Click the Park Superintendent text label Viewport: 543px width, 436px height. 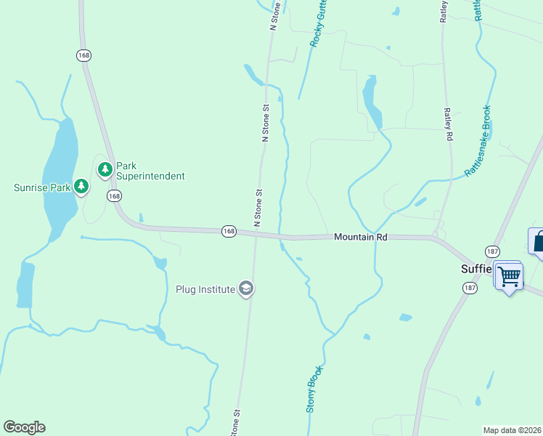coord(151,171)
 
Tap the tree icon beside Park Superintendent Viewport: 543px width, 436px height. coord(105,169)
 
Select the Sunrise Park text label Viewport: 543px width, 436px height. coord(42,187)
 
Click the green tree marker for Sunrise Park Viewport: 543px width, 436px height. coord(81,187)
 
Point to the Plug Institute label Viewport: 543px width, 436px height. coord(205,289)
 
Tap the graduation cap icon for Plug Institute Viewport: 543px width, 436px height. coord(246,289)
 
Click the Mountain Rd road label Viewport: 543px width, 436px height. coord(361,237)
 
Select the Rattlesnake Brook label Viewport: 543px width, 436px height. coord(479,141)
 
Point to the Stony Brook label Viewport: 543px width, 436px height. coord(313,389)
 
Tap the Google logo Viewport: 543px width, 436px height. coord(24,427)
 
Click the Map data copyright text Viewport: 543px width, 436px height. coord(513,429)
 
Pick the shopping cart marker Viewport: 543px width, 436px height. coord(510,275)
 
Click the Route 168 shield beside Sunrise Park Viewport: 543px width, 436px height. coord(114,196)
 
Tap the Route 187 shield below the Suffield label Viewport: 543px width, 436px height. coord(469,288)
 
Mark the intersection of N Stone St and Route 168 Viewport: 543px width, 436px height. coord(256,233)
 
